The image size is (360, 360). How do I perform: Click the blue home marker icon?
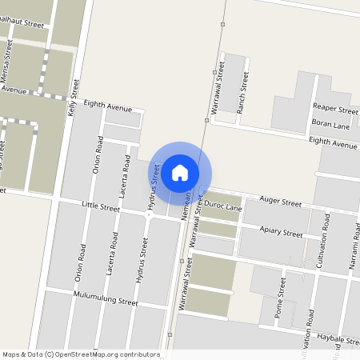180,173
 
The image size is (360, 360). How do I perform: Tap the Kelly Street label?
74,98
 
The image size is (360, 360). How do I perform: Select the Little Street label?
101,208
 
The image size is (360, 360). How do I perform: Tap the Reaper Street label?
335,110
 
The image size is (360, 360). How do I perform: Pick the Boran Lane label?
330,126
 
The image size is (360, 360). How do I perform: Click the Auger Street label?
280,204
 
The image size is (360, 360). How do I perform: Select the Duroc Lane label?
223,207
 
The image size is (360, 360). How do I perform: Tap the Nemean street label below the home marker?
186,203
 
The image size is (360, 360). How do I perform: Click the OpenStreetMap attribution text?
81,354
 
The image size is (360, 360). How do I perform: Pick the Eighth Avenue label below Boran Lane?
333,145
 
